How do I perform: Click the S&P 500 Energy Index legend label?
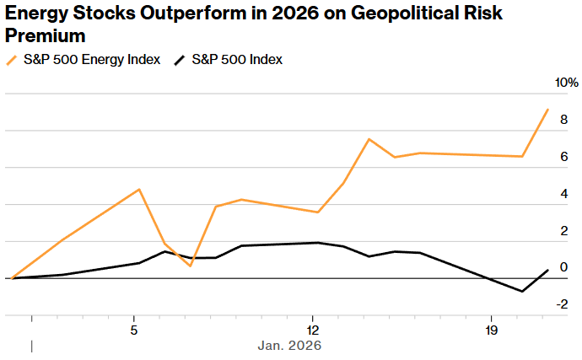point(92,60)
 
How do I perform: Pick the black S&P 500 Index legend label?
point(237,60)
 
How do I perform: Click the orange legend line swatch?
point(13,60)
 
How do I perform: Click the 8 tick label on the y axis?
point(563,120)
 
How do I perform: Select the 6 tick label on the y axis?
point(563,157)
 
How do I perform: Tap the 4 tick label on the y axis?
point(563,194)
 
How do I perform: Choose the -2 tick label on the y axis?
point(560,304)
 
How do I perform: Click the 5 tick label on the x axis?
point(134,329)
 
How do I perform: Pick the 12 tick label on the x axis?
point(313,329)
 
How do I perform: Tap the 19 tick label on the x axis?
point(492,329)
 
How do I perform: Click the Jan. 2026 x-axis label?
point(289,346)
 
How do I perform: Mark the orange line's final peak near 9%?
point(547,110)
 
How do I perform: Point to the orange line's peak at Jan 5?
point(139,190)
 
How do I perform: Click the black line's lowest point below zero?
point(523,292)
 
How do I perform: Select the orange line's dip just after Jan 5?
point(191,266)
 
